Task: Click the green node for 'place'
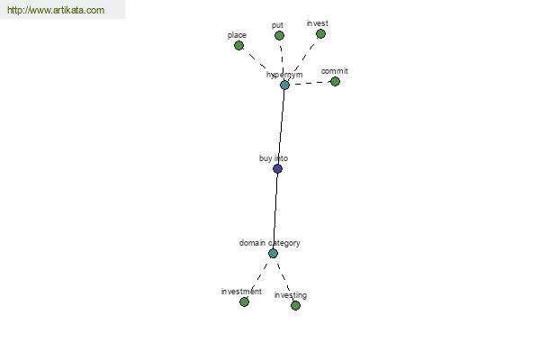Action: click(238, 46)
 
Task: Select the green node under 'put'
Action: click(279, 35)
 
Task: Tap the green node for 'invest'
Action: click(320, 34)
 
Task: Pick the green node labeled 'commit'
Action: click(335, 82)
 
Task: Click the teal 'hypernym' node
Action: click(284, 85)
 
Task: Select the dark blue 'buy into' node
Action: click(277, 169)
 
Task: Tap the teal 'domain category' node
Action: click(273, 254)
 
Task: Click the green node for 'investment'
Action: click(244, 302)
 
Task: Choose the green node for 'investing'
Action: click(295, 306)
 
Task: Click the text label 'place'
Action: click(237, 35)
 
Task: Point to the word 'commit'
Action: click(335, 71)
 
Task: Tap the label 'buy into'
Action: click(274, 158)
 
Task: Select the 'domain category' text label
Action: click(270, 243)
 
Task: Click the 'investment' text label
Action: click(241, 292)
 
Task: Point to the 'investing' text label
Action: click(291, 295)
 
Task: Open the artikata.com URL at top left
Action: click(56, 10)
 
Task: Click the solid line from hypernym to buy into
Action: click(281, 127)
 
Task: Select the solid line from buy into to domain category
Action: click(275, 211)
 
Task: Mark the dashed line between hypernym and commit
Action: click(310, 83)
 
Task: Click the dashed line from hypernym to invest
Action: click(302, 59)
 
